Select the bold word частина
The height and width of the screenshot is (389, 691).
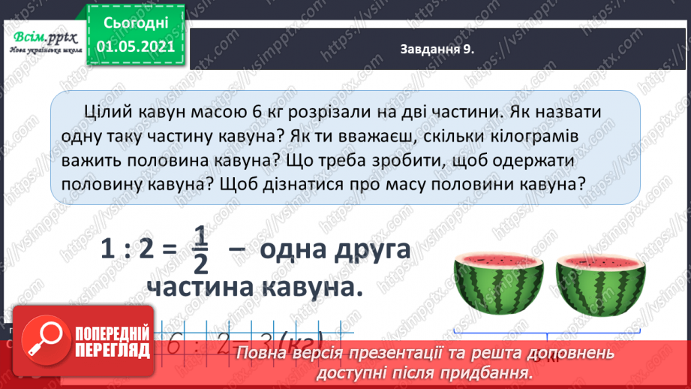tap(197, 288)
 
